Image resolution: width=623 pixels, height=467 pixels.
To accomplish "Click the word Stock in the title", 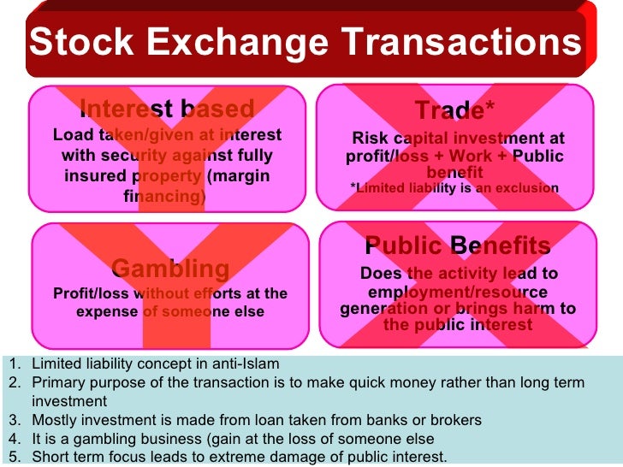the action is [81, 43].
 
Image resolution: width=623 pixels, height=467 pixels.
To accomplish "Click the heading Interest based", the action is [167, 109].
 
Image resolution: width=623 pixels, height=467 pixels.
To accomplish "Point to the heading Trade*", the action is [454, 110].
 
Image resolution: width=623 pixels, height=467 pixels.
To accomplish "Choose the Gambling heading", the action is [171, 269].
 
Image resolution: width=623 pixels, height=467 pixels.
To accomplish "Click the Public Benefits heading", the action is [457, 246].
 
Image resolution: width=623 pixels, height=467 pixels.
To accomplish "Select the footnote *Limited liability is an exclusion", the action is [454, 188].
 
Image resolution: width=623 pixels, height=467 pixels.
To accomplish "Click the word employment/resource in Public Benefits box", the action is [457, 292].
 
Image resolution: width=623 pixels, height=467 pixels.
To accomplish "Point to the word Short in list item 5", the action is [50, 457].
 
